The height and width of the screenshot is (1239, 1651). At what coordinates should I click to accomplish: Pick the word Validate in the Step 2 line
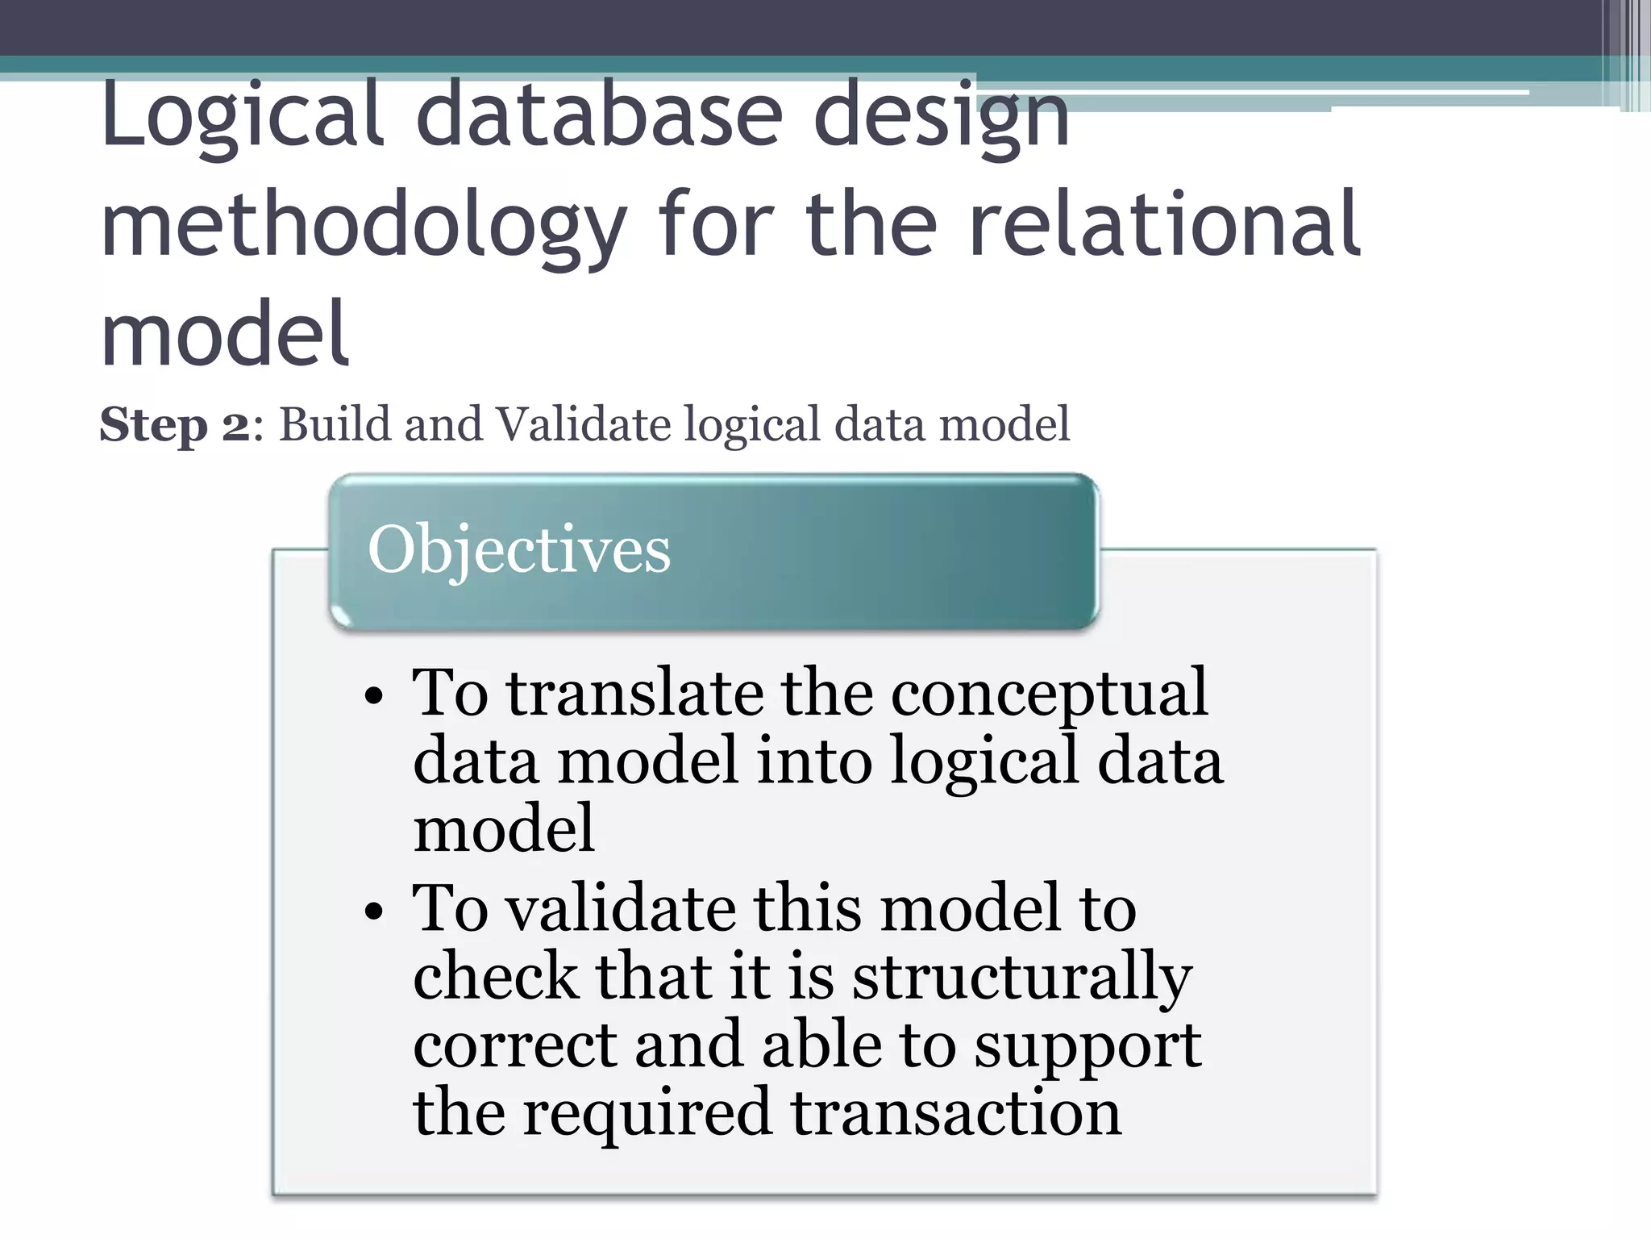(x=582, y=424)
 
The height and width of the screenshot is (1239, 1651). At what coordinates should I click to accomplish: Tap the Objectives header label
(x=518, y=549)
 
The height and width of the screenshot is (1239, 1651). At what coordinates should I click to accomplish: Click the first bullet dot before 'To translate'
(x=372, y=695)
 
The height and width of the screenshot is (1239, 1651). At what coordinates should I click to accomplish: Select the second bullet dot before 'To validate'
(x=372, y=912)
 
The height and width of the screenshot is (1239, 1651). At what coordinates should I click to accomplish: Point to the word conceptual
(x=1048, y=694)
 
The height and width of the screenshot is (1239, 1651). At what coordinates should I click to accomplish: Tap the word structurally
(x=1022, y=978)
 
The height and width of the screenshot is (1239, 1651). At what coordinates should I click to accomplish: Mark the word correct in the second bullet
(x=514, y=1045)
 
